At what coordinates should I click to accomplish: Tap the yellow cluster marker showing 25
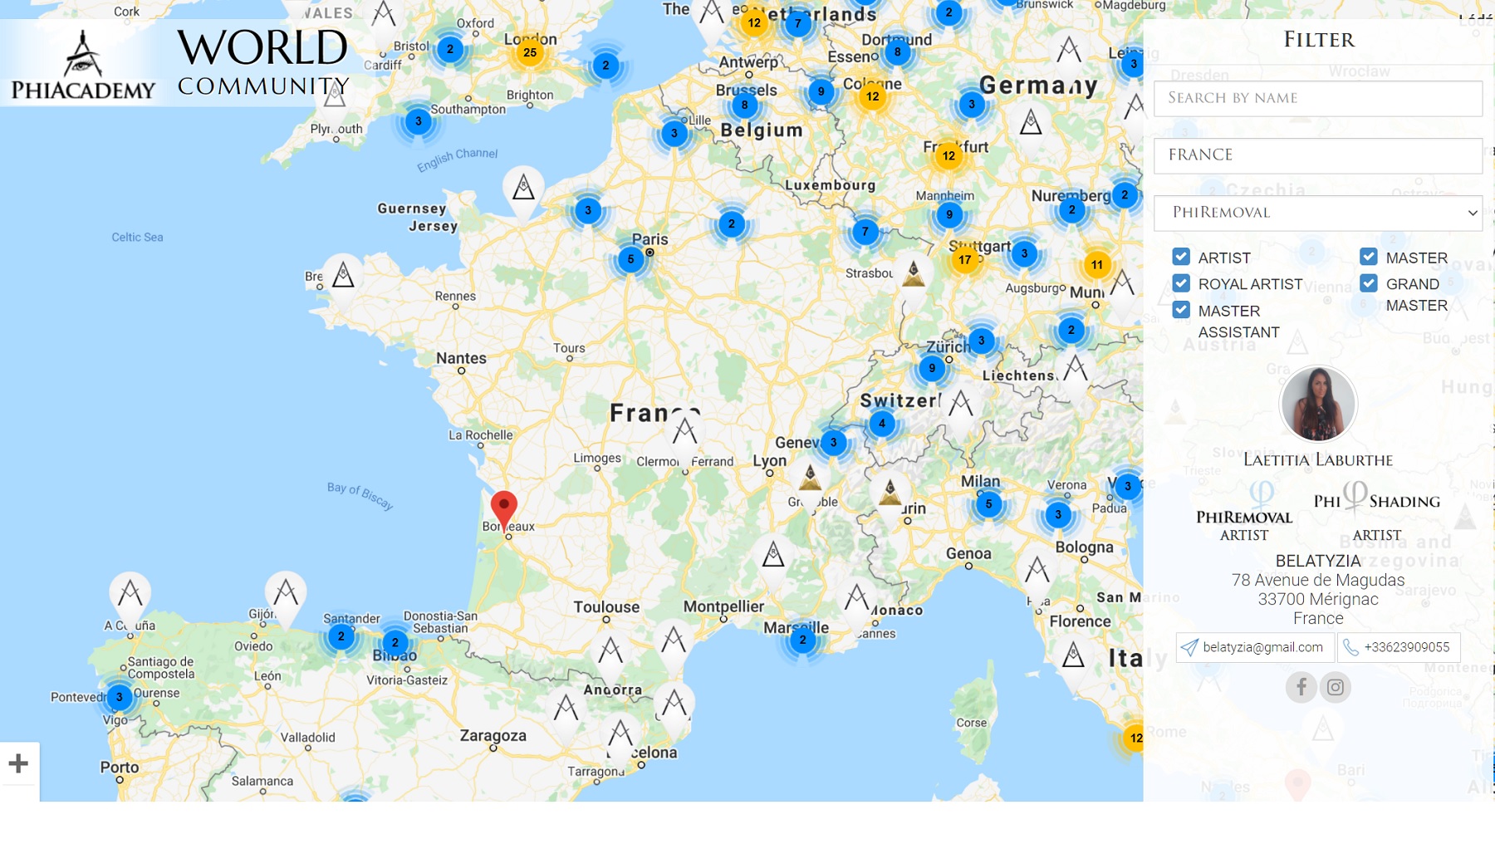530,53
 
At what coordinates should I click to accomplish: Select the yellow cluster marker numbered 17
964,260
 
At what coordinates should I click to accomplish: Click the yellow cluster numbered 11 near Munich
1097,265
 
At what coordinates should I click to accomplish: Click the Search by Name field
1317,98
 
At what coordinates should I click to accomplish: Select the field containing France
1317,155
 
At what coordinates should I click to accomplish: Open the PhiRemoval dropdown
1317,213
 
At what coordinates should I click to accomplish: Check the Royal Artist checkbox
1181,283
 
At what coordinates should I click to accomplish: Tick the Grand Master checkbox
1369,283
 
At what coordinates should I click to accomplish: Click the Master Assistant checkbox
1181,310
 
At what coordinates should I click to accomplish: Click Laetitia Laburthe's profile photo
1318,404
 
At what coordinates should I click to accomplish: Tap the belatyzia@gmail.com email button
1255,647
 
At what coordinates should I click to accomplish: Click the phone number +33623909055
1399,647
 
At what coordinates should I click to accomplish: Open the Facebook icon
1301,687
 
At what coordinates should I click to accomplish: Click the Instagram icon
1336,687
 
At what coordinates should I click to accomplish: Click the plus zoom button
19,763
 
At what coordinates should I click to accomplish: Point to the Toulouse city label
606,607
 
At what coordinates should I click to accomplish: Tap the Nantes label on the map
461,358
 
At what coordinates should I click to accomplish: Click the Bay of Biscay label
360,495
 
